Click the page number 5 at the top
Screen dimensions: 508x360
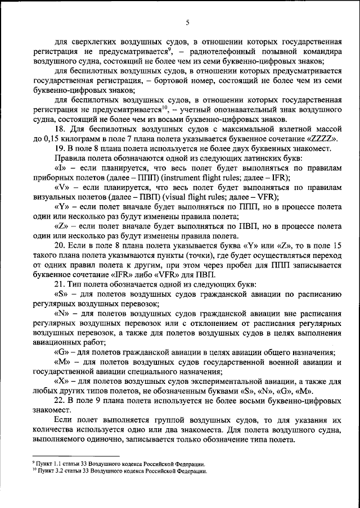pyautogui.click(x=188, y=22)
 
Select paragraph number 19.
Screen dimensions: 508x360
pyautogui.click(x=60, y=148)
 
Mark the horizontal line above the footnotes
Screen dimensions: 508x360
pyautogui.click(x=76, y=457)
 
